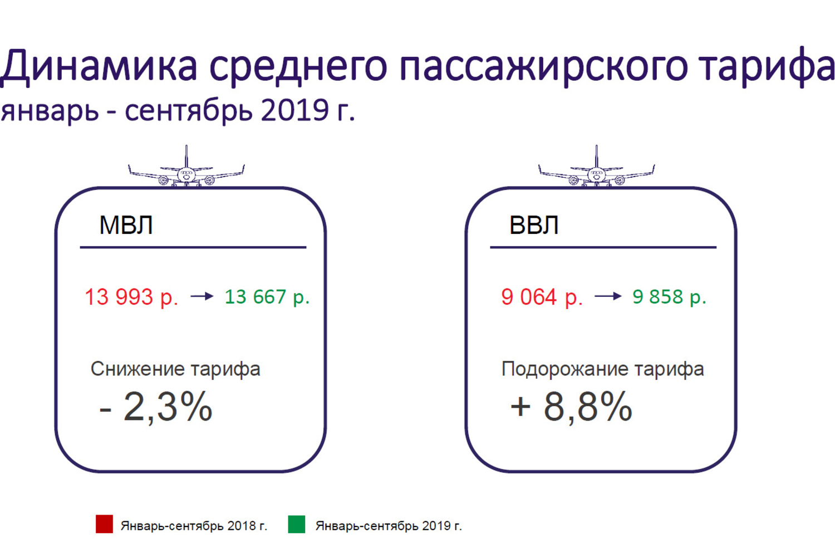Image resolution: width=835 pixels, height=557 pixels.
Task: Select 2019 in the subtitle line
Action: click(x=295, y=111)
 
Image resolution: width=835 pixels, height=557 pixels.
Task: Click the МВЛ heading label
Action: click(x=126, y=225)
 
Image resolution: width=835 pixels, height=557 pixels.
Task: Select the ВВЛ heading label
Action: click(x=534, y=225)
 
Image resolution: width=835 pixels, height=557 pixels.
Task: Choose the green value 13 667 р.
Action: click(x=267, y=297)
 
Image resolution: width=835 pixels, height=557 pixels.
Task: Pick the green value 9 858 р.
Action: click(x=669, y=297)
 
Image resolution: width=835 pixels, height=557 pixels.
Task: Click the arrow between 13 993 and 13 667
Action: click(x=202, y=296)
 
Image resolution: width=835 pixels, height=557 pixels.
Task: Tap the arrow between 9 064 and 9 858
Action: click(x=608, y=296)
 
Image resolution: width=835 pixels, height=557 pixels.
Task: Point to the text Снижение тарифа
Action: click(x=175, y=369)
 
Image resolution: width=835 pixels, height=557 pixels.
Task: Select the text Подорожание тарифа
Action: click(x=603, y=369)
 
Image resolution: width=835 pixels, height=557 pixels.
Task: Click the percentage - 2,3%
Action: click(x=156, y=407)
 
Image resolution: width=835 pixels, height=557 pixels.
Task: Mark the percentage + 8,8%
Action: click(x=571, y=407)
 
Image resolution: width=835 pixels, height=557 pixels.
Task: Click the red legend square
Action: click(x=105, y=524)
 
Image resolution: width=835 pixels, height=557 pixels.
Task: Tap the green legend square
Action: click(x=297, y=524)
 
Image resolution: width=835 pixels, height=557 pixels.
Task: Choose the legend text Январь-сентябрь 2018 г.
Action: click(x=194, y=526)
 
